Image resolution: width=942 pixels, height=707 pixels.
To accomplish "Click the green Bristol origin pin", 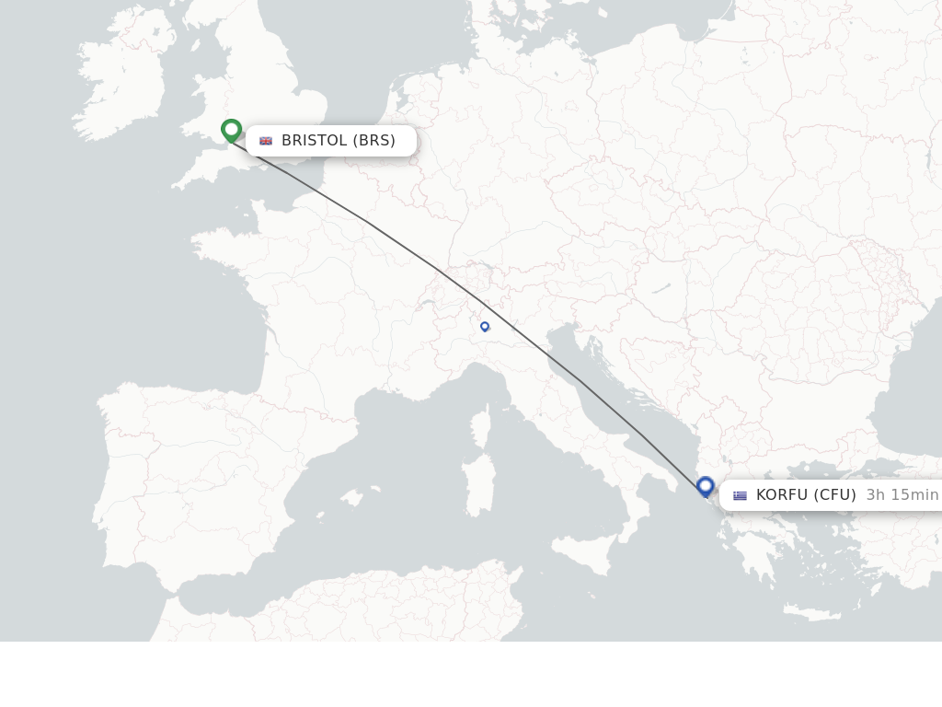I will pyautogui.click(x=231, y=130).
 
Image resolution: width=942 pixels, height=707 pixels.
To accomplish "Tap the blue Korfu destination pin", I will pyautogui.click(x=706, y=487).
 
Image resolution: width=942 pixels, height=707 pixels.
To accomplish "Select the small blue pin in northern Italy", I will pyautogui.click(x=485, y=326).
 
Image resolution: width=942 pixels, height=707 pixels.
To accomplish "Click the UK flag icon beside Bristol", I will pyautogui.click(x=266, y=141).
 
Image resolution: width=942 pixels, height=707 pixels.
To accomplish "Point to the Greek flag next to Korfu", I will pyautogui.click(x=740, y=495).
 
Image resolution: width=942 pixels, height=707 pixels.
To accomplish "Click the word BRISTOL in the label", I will pyautogui.click(x=314, y=141).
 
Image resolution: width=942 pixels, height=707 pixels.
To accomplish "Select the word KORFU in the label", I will pyautogui.click(x=781, y=495).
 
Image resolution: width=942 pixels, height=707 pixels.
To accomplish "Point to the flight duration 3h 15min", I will pyautogui.click(x=902, y=495).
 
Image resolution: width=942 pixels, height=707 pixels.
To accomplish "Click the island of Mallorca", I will pyautogui.click(x=351, y=498).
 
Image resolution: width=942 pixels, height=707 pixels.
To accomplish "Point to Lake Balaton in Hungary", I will pyautogui.click(x=660, y=289).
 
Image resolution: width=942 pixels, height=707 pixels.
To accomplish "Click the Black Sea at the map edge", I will pyautogui.click(x=906, y=405).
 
